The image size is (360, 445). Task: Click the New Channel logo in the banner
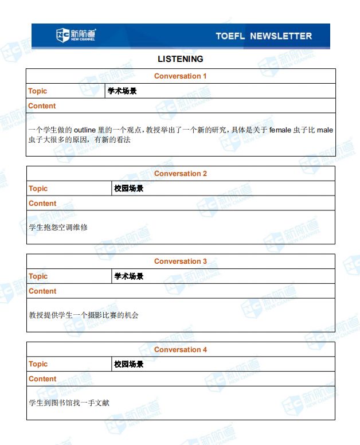point(76,35)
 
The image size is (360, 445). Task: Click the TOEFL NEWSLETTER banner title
point(263,36)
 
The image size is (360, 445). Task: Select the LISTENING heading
point(180,58)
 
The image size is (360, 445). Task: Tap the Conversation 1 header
point(180,76)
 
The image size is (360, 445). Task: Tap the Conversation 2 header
point(180,173)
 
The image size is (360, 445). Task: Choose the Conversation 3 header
point(180,261)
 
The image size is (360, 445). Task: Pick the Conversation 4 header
point(180,349)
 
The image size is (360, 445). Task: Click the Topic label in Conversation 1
point(38,91)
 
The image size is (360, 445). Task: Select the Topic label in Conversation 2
point(38,188)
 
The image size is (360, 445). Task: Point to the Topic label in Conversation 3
point(38,276)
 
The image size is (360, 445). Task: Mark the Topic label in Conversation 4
point(38,364)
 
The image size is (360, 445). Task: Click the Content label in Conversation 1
point(42,106)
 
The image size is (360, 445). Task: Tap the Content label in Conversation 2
point(42,203)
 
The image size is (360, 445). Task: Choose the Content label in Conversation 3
point(42,291)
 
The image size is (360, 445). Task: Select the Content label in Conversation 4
point(42,378)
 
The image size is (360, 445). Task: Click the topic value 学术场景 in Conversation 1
point(122,91)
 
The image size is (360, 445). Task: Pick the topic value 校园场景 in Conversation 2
point(128,188)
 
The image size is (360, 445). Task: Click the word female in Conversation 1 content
point(280,130)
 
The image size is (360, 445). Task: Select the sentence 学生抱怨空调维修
point(58,227)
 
